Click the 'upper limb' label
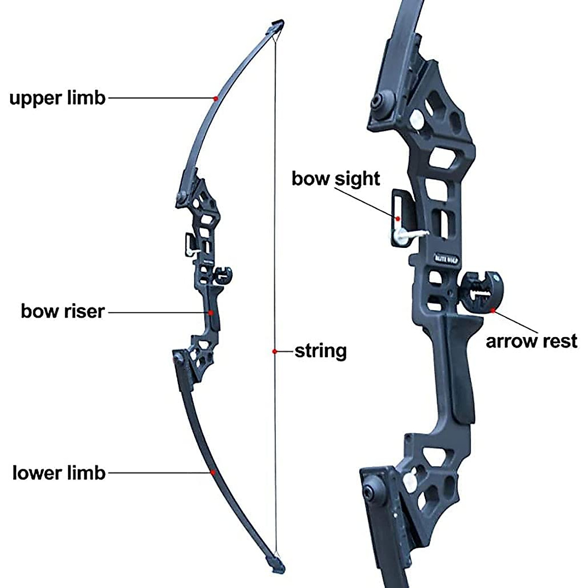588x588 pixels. point(58,98)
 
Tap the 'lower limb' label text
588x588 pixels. point(59,473)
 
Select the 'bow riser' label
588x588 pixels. point(63,311)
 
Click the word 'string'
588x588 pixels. point(320,351)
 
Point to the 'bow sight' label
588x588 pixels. point(336,178)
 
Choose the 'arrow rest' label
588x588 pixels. point(532,341)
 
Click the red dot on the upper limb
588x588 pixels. point(215,98)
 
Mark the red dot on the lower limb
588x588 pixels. point(213,472)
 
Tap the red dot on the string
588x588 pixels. point(275,351)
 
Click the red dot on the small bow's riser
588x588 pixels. point(211,312)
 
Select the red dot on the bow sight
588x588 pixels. point(398,219)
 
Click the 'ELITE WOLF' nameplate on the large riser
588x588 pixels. point(445,256)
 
